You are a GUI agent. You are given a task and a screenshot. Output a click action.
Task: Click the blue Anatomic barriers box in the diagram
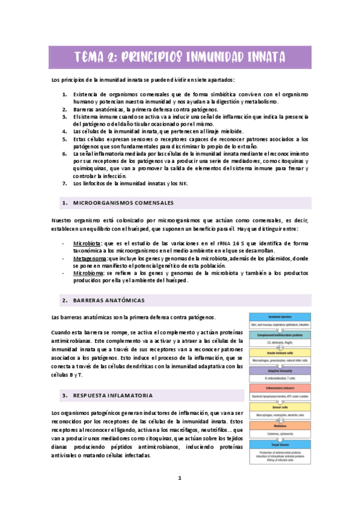tap(280, 316)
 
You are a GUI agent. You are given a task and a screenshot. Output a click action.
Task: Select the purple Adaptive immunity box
tap(280, 372)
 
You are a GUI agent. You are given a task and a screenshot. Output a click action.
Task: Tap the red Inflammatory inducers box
tap(280, 389)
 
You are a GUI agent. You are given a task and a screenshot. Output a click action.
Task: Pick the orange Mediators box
tap(280, 426)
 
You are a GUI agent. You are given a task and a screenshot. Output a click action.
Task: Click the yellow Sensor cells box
tap(280, 407)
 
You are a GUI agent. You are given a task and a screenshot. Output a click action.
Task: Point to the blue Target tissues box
tap(280, 444)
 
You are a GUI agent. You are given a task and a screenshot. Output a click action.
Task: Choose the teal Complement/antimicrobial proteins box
tap(280, 334)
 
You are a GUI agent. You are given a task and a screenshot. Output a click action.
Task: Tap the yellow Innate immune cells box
tap(280, 353)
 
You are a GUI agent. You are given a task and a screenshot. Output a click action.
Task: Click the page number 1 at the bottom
tap(179, 478)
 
